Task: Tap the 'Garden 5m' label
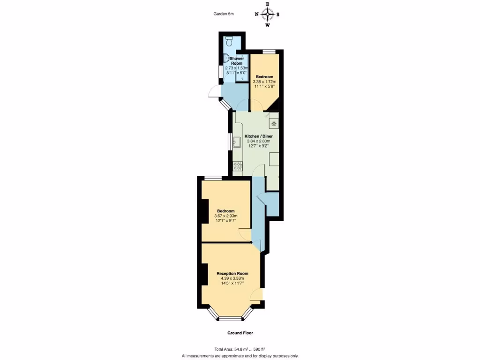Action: pyautogui.click(x=223, y=14)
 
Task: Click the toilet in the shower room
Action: pyautogui.click(x=229, y=39)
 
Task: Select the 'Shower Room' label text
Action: pyautogui.click(x=236, y=60)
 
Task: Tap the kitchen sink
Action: pyautogui.click(x=237, y=141)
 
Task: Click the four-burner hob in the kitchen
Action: pyautogui.click(x=238, y=165)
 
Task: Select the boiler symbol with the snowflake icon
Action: pyautogui.click(x=273, y=123)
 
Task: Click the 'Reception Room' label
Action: pyautogui.click(x=232, y=273)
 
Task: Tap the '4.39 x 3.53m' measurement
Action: pyautogui.click(x=232, y=278)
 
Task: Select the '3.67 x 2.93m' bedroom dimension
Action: pyautogui.click(x=225, y=216)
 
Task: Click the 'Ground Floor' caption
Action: pyautogui.click(x=240, y=333)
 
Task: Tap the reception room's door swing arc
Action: pyautogui.click(x=256, y=294)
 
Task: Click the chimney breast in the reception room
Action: pyautogui.click(x=205, y=274)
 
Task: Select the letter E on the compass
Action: pyautogui.click(x=267, y=4)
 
